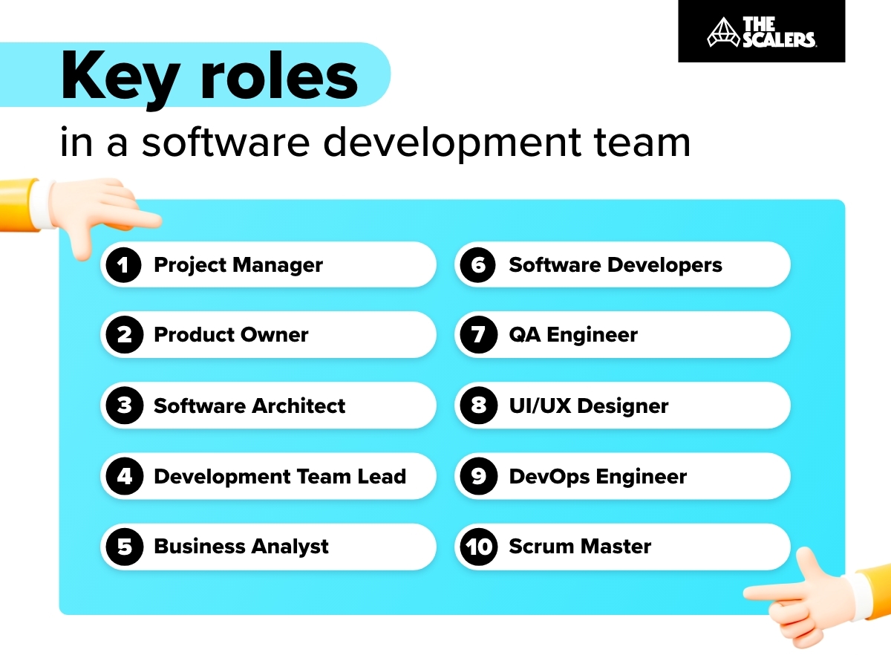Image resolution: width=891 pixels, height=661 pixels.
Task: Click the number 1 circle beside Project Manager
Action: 124,265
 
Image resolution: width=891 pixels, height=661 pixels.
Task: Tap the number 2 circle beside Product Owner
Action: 124,335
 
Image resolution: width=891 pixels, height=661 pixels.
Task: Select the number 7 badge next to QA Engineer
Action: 478,335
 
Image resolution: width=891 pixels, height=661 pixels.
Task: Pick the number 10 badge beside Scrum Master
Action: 478,547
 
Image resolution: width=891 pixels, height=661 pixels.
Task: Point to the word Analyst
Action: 288,547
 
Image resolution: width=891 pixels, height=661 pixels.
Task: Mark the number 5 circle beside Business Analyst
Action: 124,547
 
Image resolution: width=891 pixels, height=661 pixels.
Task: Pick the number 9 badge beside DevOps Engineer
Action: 478,476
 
